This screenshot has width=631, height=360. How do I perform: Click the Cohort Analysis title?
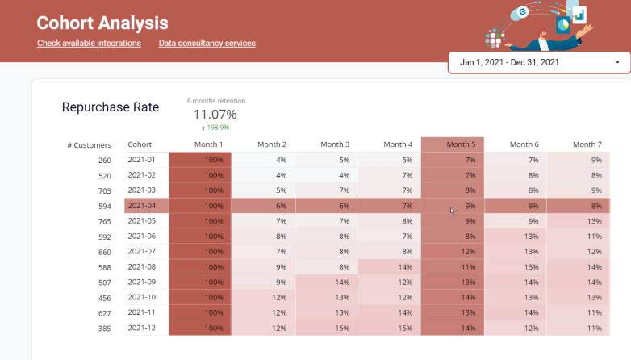point(102,23)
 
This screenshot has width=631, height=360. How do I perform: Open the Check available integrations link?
point(89,43)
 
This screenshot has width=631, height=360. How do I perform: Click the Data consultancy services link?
point(207,43)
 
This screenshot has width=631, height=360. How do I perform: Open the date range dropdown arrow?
point(617,62)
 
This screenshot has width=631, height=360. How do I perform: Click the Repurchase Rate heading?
point(111,107)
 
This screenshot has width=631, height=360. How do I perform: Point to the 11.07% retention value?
point(215,115)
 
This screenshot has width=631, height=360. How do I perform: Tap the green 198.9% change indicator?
point(215,128)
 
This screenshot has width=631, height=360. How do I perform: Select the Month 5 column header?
point(461,144)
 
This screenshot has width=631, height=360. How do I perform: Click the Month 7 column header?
point(587,144)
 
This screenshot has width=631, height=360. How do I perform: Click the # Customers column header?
point(89,145)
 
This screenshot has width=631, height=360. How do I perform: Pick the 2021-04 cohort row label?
point(142,206)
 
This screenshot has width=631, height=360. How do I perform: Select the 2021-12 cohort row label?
point(142,328)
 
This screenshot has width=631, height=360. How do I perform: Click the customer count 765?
point(105,221)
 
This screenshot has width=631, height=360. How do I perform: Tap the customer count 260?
point(105,161)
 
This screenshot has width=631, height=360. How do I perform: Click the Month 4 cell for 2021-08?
point(389,267)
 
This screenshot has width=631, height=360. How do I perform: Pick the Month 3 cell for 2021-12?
point(326,329)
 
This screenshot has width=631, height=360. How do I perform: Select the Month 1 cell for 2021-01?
point(200,160)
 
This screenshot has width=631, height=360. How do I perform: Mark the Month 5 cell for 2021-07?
point(453,252)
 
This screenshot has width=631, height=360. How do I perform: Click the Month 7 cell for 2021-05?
point(579,221)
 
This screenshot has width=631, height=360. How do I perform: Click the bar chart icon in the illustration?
point(579,15)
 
